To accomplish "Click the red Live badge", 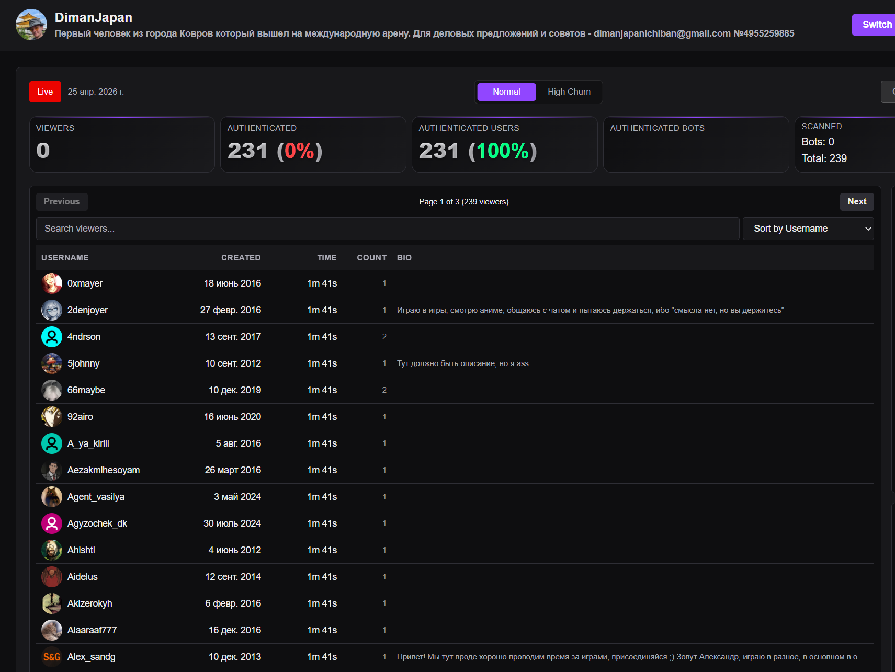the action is point(45,92).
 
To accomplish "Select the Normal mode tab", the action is point(506,92).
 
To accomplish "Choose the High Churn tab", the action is point(569,92).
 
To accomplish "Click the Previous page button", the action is point(62,202).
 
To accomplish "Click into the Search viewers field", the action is point(387,229).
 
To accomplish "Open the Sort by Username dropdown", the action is point(808,229).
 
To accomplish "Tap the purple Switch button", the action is point(874,25).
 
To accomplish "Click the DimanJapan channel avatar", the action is point(31,25).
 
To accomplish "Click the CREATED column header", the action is point(241,258).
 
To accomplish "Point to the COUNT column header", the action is point(372,258).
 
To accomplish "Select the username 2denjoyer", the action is point(87,310).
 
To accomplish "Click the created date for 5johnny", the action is point(233,363).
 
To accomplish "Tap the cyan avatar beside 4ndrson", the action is point(52,337).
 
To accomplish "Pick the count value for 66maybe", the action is point(384,390).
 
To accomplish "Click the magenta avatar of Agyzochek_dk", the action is point(52,523).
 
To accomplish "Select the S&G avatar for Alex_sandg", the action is point(52,657).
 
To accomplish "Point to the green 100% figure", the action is point(503,151).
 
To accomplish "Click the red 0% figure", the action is point(299,151).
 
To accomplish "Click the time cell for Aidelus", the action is point(322,577).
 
